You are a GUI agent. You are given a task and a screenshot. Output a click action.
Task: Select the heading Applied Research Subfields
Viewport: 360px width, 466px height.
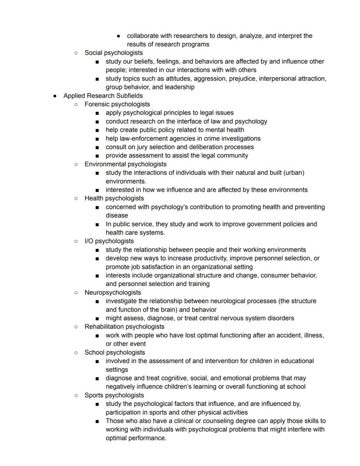[103, 96]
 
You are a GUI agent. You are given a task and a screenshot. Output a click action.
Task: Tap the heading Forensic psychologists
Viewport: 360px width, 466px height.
[117, 104]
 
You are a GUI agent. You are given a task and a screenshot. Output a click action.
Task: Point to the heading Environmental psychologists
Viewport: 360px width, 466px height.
[125, 164]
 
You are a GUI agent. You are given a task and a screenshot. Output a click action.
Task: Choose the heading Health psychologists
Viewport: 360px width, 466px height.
[114, 198]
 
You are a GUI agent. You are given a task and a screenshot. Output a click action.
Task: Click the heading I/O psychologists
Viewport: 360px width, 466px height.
[109, 241]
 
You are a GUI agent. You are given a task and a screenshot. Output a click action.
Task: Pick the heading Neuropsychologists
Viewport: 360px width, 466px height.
[113, 292]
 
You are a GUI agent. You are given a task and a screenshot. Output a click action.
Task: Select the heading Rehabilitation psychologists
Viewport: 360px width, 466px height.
[124, 327]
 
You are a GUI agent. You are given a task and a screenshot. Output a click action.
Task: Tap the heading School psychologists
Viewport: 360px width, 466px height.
[115, 352]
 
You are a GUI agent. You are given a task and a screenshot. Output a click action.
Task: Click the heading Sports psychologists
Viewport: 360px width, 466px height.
[114, 396]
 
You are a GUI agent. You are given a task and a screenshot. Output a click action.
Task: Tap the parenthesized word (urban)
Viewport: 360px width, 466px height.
[293, 173]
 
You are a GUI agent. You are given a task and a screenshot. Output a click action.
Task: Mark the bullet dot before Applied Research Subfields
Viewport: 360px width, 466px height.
[54, 96]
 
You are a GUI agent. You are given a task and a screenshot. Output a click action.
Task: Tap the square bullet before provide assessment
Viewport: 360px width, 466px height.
[97, 156]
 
